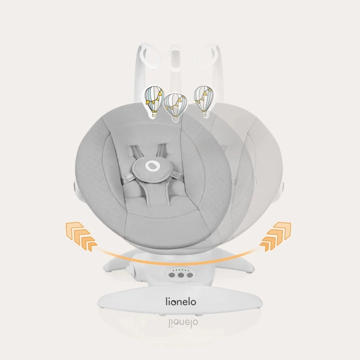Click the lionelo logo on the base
click(x=181, y=302)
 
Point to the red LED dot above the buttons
click(x=173, y=271)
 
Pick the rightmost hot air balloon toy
click(x=203, y=99)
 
